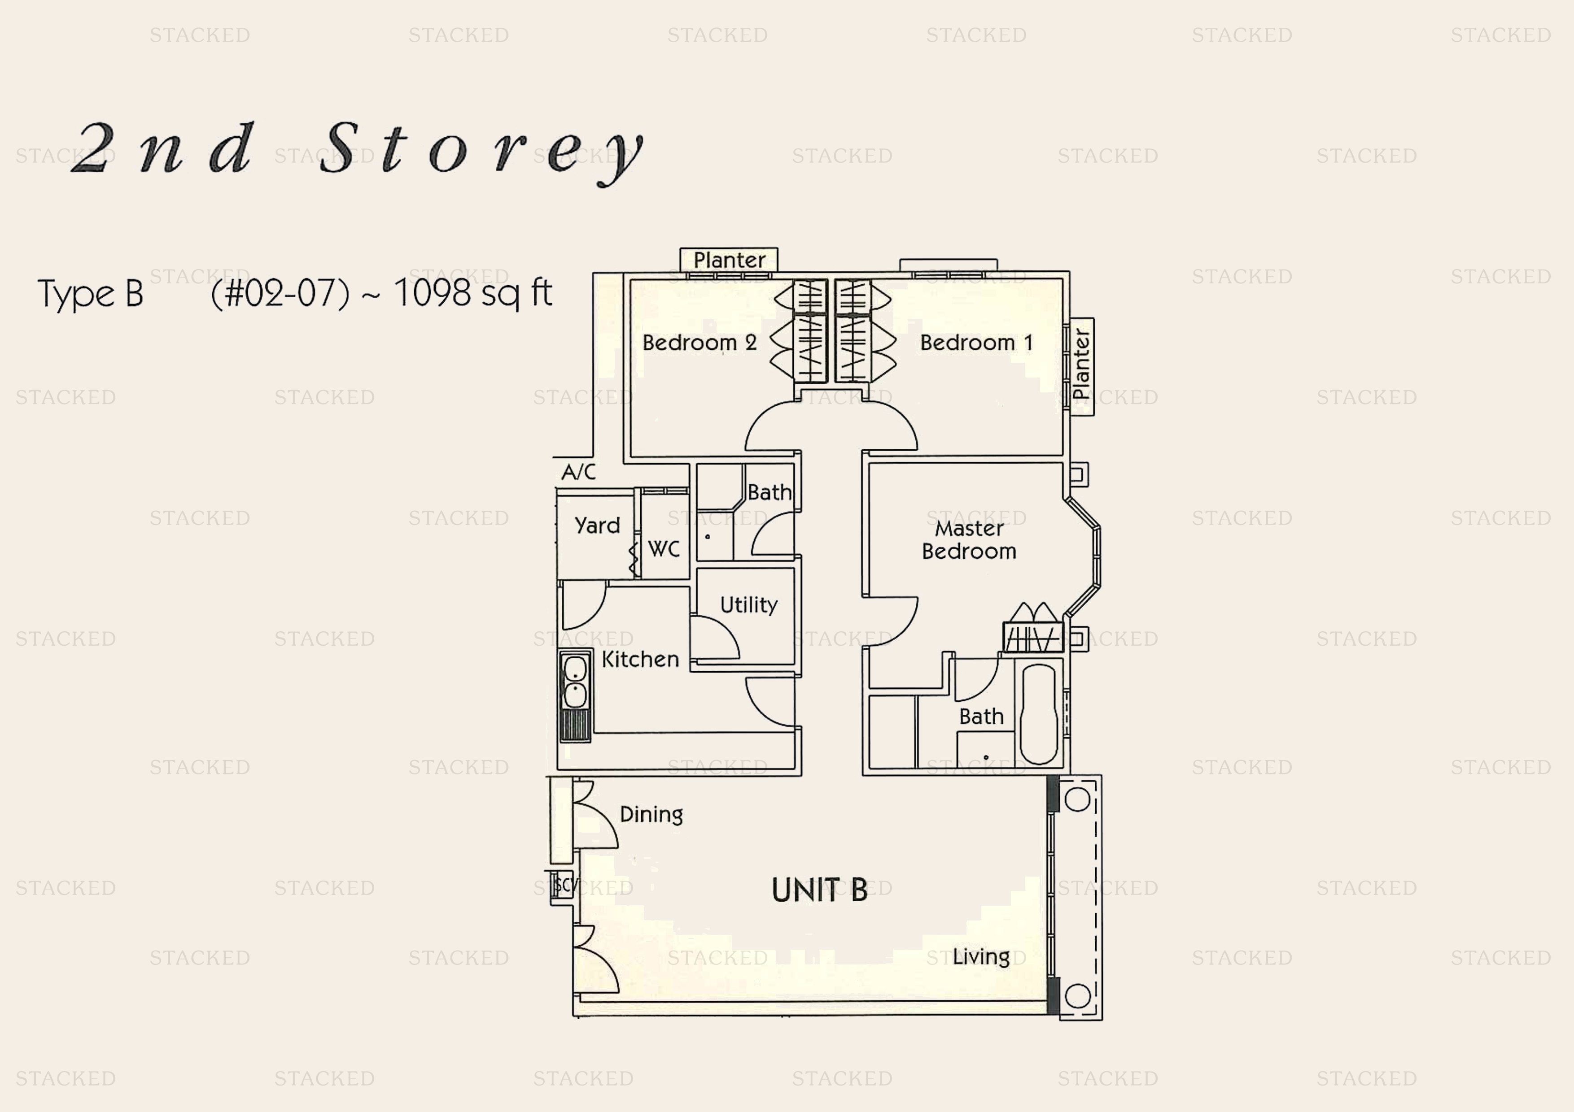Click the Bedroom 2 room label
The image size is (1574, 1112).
click(699, 343)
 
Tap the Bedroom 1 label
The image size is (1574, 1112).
click(976, 343)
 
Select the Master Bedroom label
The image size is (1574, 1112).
click(969, 540)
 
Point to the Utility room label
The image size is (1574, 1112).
click(748, 604)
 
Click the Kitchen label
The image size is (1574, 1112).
click(640, 659)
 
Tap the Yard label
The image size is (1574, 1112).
click(597, 526)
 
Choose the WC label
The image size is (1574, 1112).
click(664, 549)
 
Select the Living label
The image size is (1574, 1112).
click(981, 956)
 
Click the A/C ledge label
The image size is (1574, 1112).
click(578, 471)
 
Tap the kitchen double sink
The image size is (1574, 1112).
click(575, 682)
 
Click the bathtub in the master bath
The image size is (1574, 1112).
click(1039, 713)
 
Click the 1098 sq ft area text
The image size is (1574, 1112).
click(473, 293)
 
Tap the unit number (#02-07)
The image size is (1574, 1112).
click(280, 293)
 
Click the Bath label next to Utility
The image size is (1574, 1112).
click(769, 492)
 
